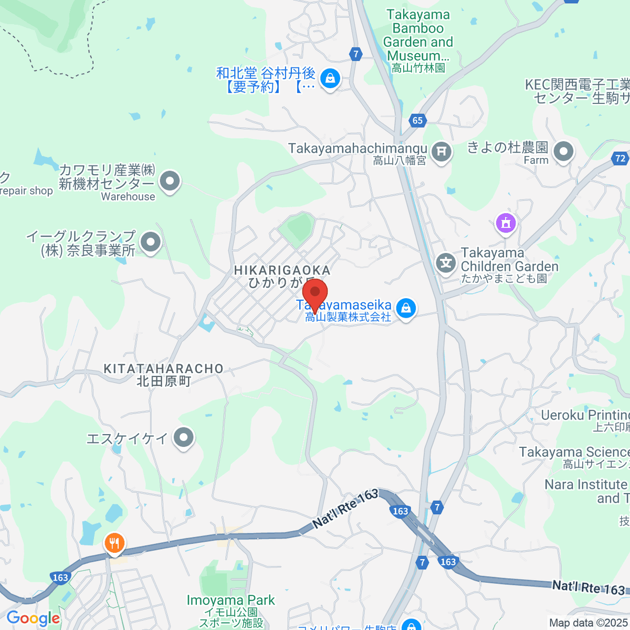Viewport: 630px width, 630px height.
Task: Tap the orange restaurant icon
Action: pyautogui.click(x=114, y=543)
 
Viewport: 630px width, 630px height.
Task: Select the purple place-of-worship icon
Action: pyautogui.click(x=506, y=223)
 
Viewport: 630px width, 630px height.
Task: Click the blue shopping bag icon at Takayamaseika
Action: pyautogui.click(x=406, y=308)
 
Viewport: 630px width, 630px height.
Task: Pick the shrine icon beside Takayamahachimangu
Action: pyautogui.click(x=442, y=152)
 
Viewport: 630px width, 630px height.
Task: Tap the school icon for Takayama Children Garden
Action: pyautogui.click(x=446, y=262)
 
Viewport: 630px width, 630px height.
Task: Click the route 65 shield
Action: pyautogui.click(x=417, y=120)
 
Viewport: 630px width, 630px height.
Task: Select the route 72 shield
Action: pyautogui.click(x=620, y=158)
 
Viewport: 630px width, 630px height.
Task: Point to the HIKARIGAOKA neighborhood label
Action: pyautogui.click(x=282, y=270)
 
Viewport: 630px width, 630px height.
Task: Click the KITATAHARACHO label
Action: pyautogui.click(x=164, y=369)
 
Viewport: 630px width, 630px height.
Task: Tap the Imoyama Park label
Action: pyautogui.click(x=231, y=600)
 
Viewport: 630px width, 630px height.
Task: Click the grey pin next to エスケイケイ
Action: pyautogui.click(x=184, y=437)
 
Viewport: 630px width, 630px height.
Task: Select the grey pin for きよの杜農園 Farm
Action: pyautogui.click(x=564, y=152)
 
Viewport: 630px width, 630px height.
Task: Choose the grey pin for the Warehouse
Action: pyautogui.click(x=170, y=182)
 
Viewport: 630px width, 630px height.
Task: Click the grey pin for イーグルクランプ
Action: pyautogui.click(x=151, y=243)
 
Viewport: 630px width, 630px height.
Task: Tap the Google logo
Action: pyautogui.click(x=33, y=618)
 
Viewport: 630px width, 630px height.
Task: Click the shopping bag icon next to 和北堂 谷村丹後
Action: pyautogui.click(x=330, y=79)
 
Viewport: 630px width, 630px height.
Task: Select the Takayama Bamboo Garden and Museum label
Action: pyautogui.click(x=418, y=35)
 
